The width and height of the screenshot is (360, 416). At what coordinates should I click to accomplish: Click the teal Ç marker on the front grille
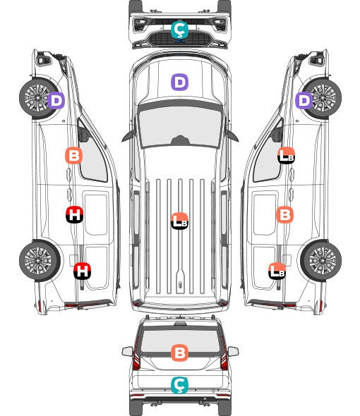point(179,30)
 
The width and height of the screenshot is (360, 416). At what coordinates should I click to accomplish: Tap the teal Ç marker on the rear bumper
point(179,385)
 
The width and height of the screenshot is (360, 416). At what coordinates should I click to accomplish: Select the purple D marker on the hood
point(179,82)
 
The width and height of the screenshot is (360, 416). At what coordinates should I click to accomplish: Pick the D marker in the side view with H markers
point(56,101)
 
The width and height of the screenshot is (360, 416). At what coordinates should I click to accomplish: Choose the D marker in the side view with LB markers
point(304,101)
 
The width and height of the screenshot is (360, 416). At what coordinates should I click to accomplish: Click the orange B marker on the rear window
point(179,353)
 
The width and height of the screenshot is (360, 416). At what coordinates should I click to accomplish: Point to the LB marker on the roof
point(179,221)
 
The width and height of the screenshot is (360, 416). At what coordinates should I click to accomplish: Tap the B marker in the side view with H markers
point(73,155)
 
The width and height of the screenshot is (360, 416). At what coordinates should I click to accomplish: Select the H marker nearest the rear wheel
point(82,271)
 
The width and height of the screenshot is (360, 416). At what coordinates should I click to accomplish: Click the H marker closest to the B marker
point(74,214)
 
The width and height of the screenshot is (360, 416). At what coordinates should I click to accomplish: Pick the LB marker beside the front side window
point(286,155)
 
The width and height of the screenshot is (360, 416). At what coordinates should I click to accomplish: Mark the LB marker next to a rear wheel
point(277,271)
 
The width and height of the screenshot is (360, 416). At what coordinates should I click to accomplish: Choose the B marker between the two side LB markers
point(284,214)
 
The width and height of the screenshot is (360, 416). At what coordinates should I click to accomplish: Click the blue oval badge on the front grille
point(180,41)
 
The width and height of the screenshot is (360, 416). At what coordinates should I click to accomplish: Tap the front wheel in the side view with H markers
point(37,97)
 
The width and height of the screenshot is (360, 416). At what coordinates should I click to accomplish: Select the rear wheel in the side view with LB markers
point(321,260)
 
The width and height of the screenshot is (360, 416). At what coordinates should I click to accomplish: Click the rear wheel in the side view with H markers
point(40,260)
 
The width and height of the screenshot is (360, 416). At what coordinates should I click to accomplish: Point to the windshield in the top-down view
point(180,127)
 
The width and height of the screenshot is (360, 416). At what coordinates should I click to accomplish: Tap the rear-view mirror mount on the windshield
point(180,140)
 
